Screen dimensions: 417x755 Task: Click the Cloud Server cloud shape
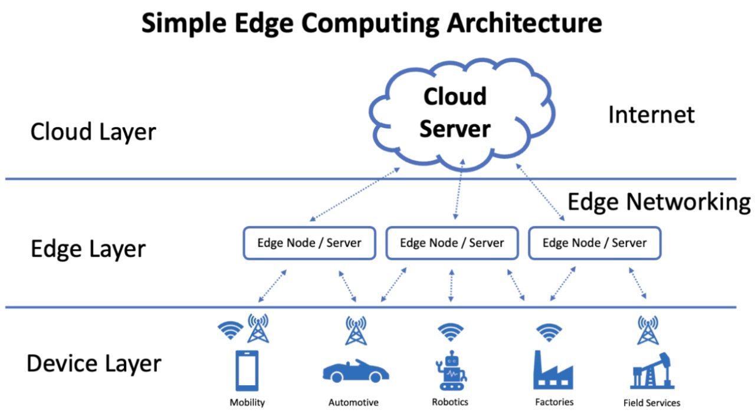[454, 112]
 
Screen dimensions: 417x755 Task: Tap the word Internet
[651, 114]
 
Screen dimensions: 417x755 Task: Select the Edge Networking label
[658, 202]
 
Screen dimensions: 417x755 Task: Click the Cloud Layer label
[93, 131]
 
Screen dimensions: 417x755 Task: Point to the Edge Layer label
[88, 249]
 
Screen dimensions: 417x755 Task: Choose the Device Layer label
[94, 363]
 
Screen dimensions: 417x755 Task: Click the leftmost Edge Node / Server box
[309, 243]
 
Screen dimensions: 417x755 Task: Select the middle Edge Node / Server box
[452, 243]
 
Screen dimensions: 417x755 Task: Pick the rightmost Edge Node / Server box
[594, 243]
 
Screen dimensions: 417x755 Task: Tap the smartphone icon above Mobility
[247, 370]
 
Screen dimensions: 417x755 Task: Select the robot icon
[452, 370]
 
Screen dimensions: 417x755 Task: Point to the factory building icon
[553, 370]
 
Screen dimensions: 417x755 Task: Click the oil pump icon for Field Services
[652, 370]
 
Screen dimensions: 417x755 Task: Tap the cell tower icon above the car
[356, 330]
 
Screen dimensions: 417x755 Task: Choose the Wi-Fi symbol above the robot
[451, 332]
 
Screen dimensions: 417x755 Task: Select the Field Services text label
[651, 403]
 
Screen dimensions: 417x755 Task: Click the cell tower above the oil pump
[648, 330]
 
